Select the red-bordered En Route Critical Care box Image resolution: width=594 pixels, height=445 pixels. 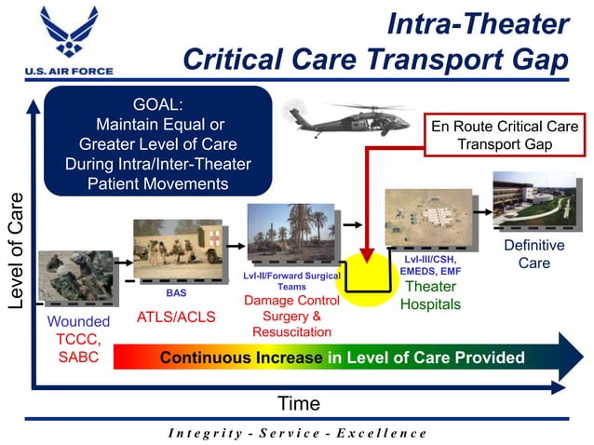[x=504, y=135]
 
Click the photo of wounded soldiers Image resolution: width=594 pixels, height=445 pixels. [x=74, y=277]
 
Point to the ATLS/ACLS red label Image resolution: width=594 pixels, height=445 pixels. [x=176, y=317]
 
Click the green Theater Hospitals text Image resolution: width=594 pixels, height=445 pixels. [x=430, y=295]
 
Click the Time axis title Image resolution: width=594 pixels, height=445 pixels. [x=299, y=403]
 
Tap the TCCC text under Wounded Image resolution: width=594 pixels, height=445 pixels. [x=78, y=339]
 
